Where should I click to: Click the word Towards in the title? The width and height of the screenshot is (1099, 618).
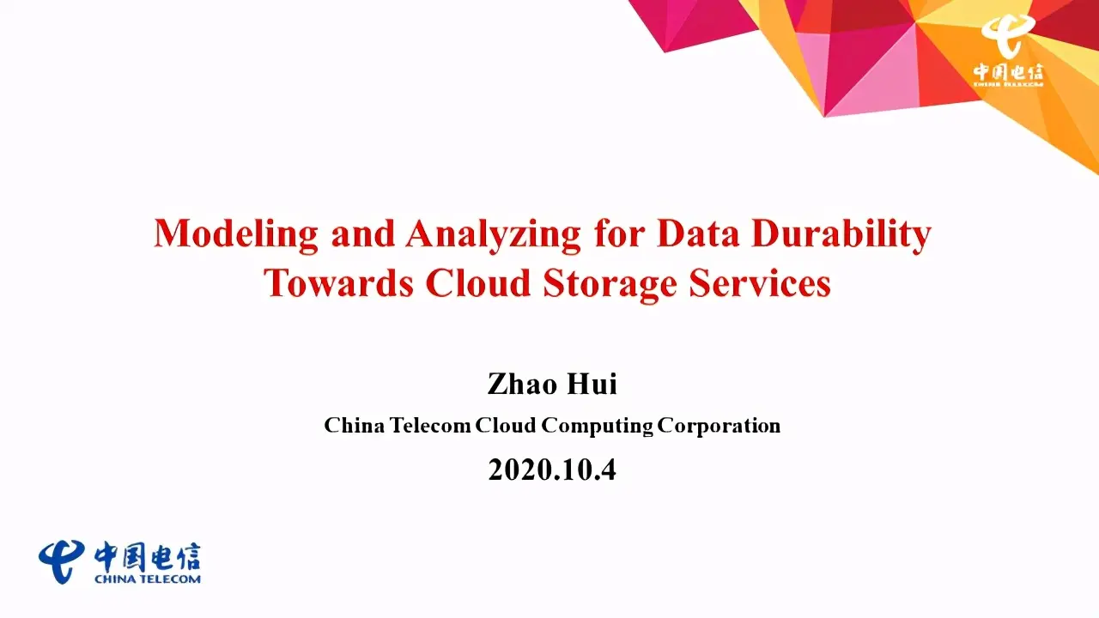click(339, 283)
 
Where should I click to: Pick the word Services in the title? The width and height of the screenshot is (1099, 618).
click(760, 283)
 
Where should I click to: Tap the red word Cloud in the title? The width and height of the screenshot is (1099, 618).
click(478, 282)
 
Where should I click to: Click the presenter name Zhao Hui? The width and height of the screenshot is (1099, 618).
click(552, 384)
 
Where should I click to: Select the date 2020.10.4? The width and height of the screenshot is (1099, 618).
click(552, 470)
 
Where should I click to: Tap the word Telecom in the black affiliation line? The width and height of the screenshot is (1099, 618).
click(430, 425)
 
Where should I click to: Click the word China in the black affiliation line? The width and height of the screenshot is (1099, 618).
click(355, 425)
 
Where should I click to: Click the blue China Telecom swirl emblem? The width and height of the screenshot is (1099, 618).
click(61, 562)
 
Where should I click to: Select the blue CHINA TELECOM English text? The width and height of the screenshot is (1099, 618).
click(147, 579)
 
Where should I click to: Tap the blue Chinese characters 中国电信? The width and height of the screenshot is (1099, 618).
click(147, 557)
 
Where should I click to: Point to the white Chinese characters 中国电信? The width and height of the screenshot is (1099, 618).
click(1009, 73)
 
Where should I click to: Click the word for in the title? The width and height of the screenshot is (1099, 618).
click(619, 233)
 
